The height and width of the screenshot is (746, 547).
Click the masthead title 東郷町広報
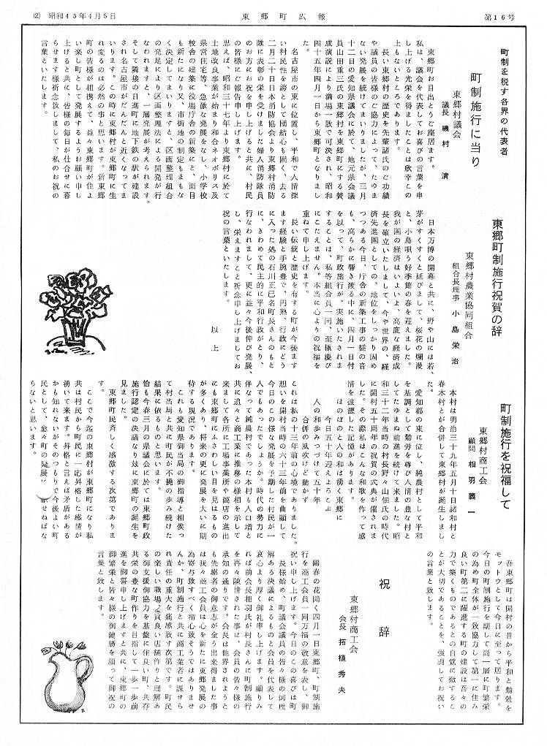click(x=273, y=13)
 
